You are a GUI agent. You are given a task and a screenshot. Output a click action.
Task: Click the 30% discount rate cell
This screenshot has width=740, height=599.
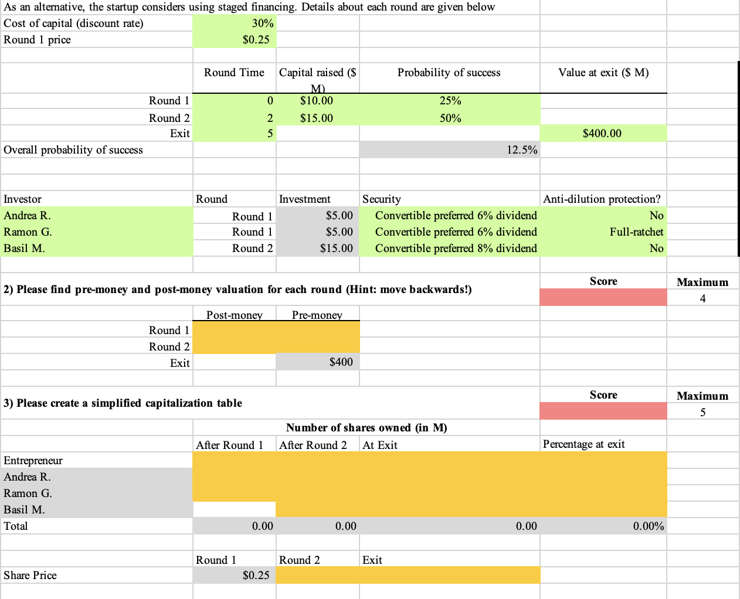coord(262,23)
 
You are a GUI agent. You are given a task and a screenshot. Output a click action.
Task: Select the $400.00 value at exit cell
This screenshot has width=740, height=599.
coord(602,134)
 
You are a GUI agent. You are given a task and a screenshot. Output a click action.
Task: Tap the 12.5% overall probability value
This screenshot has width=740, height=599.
coord(521,150)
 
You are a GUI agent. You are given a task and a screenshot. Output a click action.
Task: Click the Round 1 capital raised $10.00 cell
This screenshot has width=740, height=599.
coord(317,101)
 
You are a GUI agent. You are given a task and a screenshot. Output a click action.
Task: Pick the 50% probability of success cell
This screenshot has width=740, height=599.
coord(450,118)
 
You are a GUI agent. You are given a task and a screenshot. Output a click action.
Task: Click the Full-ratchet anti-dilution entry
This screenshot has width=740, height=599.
coord(636,232)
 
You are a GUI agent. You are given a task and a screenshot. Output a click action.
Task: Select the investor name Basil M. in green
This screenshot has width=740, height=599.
coord(25,249)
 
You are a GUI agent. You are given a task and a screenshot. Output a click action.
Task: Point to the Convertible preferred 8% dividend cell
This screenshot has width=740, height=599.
coord(456,249)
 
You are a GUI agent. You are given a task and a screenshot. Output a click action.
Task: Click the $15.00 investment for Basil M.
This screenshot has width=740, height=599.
coord(337,249)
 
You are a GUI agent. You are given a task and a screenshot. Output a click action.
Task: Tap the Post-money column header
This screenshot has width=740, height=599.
coord(234,315)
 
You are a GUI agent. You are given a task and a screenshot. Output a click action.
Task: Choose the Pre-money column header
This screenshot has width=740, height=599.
coord(317,315)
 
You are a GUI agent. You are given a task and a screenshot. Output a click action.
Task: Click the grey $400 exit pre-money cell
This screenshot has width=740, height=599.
coord(341,362)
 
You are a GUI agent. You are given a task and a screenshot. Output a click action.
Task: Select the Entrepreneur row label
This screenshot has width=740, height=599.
coord(33,461)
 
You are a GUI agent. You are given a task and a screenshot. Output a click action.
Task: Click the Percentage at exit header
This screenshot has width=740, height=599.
coord(583,444)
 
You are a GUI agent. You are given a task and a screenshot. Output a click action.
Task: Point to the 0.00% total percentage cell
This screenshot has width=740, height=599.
coord(648,526)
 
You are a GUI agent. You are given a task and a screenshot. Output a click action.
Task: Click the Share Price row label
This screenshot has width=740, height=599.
coord(30,576)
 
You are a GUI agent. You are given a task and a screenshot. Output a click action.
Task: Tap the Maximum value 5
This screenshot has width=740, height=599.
coord(702,413)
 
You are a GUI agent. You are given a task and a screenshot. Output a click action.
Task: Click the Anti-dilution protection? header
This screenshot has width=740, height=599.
coord(602,199)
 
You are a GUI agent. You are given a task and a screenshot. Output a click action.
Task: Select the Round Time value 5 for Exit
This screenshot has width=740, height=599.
coord(270,134)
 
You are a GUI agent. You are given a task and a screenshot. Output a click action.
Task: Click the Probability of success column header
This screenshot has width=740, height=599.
coord(449,73)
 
